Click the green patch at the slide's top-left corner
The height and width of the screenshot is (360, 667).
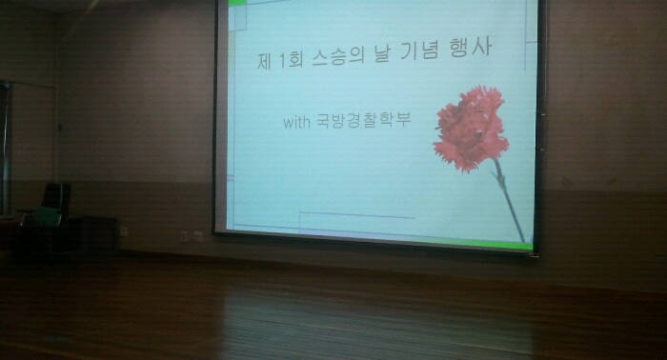click(x=225, y=5)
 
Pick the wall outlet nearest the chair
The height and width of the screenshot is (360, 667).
click(x=185, y=235)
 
